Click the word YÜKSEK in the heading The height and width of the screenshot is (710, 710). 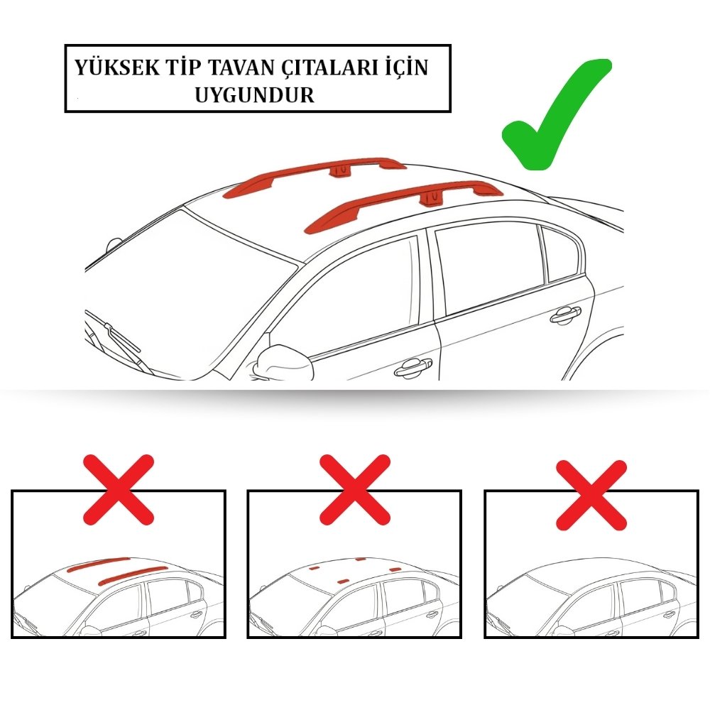(117, 67)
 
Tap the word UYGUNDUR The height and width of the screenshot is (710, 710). (254, 95)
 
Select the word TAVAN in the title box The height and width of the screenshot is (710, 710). (241, 67)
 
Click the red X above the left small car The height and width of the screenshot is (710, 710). (119, 490)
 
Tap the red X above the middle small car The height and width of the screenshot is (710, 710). (355, 490)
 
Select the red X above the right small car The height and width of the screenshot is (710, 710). (591, 495)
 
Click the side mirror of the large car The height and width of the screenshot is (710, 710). (282, 362)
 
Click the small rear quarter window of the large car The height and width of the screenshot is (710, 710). (561, 253)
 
